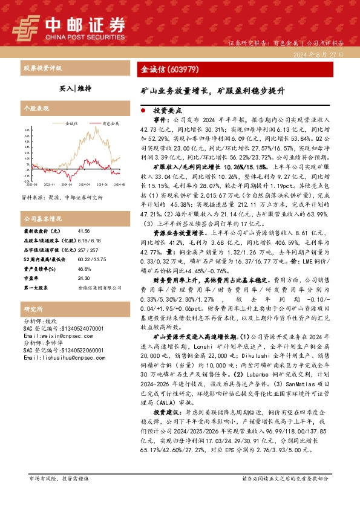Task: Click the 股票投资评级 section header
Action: tap(42, 68)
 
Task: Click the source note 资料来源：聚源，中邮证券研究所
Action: tap(62, 197)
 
